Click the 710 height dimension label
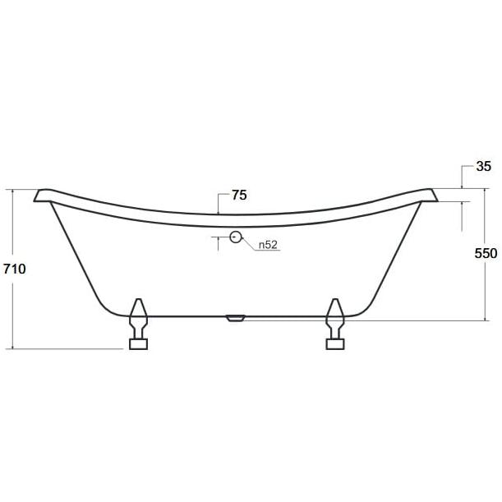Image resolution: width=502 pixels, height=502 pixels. (x=15, y=269)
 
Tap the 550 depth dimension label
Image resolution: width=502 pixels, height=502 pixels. (x=486, y=253)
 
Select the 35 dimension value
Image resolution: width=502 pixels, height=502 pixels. (x=483, y=166)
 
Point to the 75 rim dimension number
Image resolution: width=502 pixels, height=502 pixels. (x=239, y=195)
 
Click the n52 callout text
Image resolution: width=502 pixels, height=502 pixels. (x=268, y=245)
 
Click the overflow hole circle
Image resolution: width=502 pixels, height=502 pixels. (x=236, y=237)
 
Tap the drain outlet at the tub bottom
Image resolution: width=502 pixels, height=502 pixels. (x=235, y=318)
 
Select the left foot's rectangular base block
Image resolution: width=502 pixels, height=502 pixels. (x=138, y=344)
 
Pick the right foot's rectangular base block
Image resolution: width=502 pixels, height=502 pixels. (x=335, y=344)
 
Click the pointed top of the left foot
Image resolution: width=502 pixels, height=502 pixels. (x=139, y=300)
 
